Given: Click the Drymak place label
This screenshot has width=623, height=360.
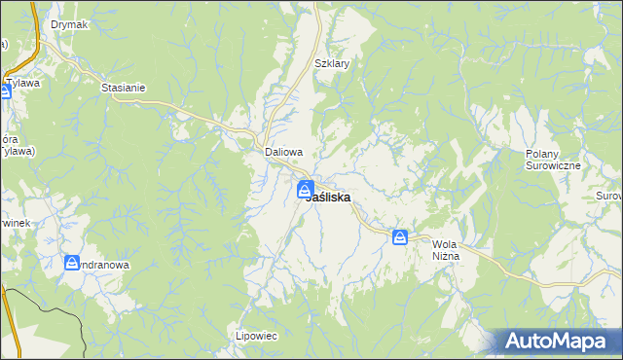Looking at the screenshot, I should click(x=69, y=24).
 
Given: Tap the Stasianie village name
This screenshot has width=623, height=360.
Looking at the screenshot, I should click(x=124, y=88).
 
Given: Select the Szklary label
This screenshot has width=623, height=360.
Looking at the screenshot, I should click(x=332, y=63).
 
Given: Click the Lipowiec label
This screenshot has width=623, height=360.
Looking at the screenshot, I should click(x=257, y=336).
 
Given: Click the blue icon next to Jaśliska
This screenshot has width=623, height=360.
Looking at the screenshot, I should click(x=305, y=191).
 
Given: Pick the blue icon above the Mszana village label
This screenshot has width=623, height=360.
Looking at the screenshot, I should click(x=72, y=263).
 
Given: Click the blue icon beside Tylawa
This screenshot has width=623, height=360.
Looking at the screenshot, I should click(x=5, y=91).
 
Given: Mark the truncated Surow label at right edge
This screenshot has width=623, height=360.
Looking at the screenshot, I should click(x=608, y=197).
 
